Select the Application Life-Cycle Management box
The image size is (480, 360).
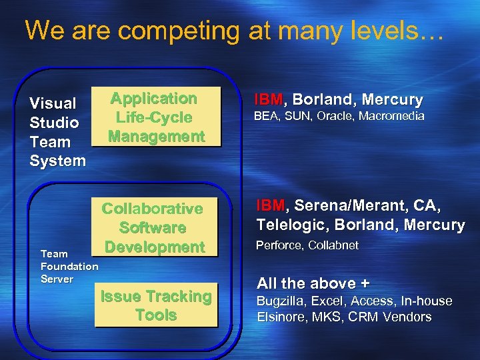click(155, 117)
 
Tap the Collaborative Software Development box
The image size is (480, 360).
click(152, 227)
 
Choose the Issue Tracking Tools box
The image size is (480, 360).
click(155, 306)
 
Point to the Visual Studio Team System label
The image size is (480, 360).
click(57, 132)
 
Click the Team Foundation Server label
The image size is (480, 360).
click(69, 266)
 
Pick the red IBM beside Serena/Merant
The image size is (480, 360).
click(270, 206)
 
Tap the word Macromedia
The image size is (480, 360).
click(393, 116)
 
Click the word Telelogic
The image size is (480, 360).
click(291, 225)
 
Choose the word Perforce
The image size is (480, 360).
click(279, 245)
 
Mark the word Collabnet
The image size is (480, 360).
click(333, 245)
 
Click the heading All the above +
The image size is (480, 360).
click(313, 283)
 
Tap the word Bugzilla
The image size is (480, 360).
click(280, 301)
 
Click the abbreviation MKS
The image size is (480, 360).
click(326, 317)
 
